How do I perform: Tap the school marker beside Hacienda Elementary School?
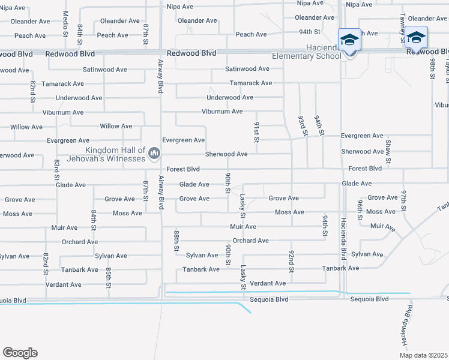click(350, 41)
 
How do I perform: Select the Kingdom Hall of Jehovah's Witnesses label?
click(116, 154)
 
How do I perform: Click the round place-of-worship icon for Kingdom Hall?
click(154, 154)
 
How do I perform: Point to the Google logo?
click(20, 353)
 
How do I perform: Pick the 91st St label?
click(256, 132)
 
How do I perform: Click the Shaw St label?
click(388, 151)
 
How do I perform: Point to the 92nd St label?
click(291, 261)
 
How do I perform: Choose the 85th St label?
click(109, 277)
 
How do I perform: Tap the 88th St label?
click(176, 239)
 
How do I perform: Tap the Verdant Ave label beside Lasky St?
click(268, 283)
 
